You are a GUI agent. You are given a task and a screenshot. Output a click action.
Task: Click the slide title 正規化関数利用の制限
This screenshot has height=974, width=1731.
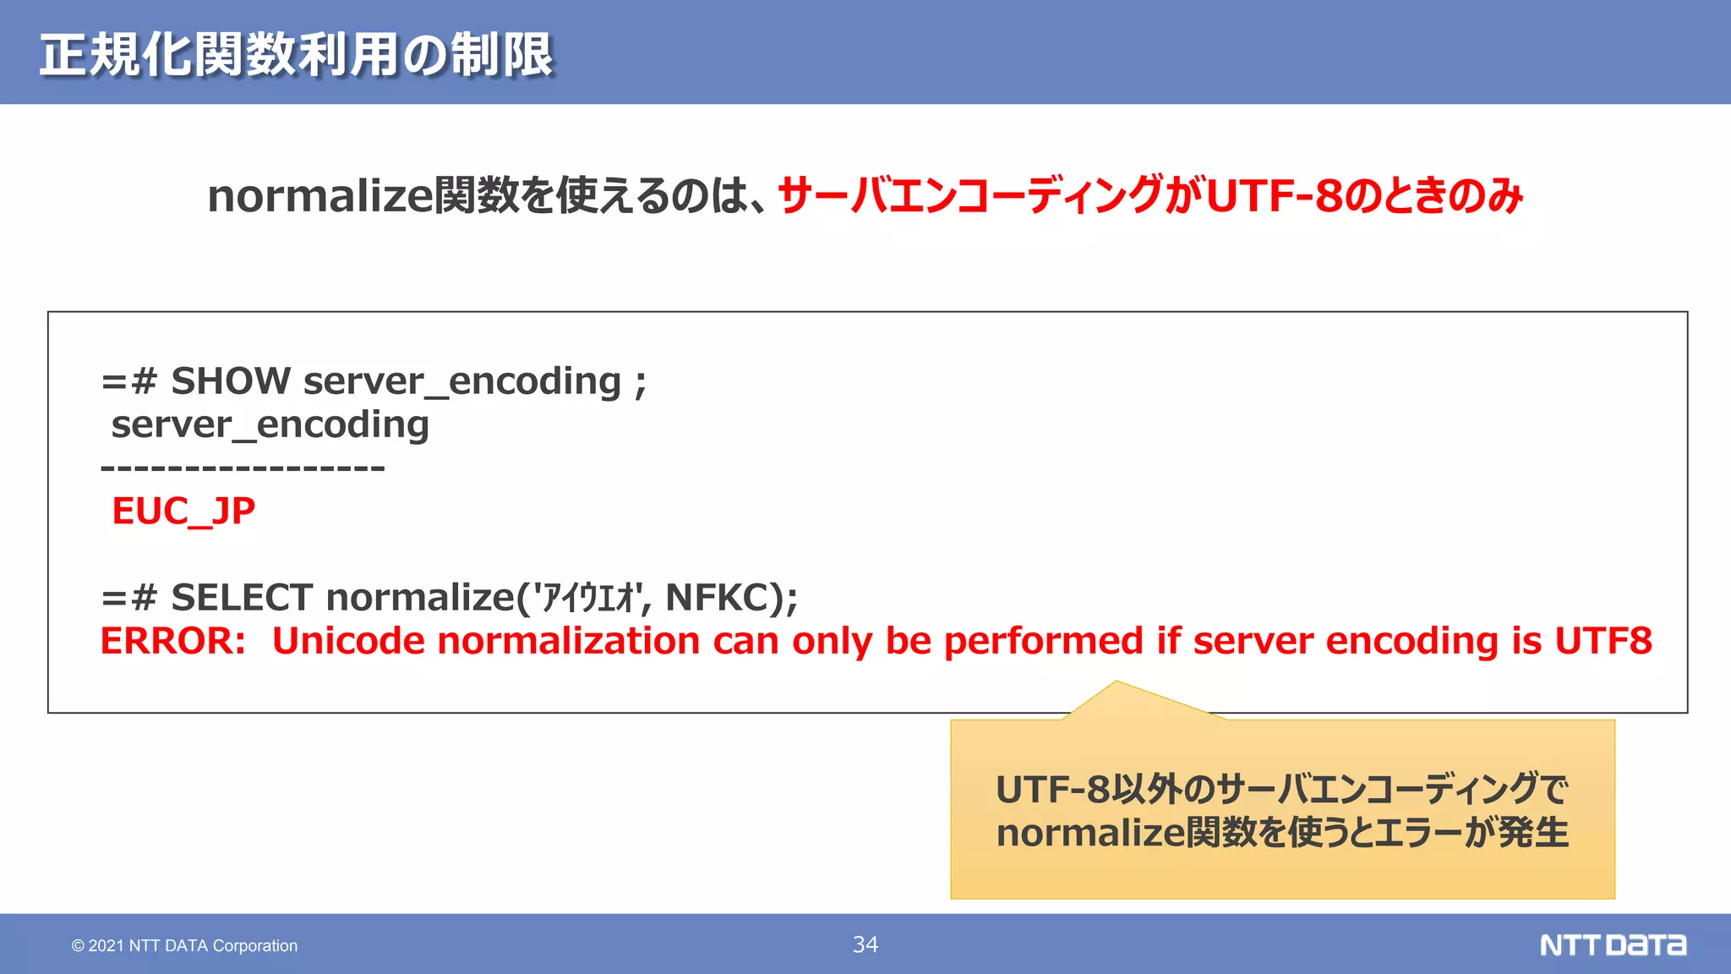pos(296,55)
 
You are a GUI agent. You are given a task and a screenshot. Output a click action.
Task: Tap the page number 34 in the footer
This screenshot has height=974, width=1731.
pos(865,944)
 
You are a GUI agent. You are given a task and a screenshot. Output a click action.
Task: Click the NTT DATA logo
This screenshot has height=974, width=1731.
pos(1613,944)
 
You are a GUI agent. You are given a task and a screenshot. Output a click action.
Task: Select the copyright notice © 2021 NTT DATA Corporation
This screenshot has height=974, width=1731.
pos(184,945)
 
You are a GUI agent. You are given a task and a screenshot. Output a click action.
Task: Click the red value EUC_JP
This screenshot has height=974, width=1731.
pos(183,511)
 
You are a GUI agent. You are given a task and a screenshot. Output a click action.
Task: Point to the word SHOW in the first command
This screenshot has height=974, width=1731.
pos(231,381)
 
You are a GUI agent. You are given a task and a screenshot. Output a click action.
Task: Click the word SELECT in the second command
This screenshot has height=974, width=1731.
pos(242,598)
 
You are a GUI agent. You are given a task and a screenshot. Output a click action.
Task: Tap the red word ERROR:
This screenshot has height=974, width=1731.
pos(173,641)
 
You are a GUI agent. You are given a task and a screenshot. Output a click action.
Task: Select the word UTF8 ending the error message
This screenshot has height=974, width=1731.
pos(1603,641)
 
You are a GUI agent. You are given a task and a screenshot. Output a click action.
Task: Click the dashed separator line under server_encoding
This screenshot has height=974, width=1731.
pos(243,468)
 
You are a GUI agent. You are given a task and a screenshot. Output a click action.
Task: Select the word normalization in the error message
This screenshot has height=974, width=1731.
pos(568,641)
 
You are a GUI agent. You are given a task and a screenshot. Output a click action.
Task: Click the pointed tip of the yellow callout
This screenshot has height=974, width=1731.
pos(1116,683)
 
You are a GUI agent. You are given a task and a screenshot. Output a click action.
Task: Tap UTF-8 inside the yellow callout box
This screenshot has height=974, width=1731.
pos(1051,790)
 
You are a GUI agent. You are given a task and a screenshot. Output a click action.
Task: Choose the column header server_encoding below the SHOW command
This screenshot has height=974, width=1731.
pos(270,424)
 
